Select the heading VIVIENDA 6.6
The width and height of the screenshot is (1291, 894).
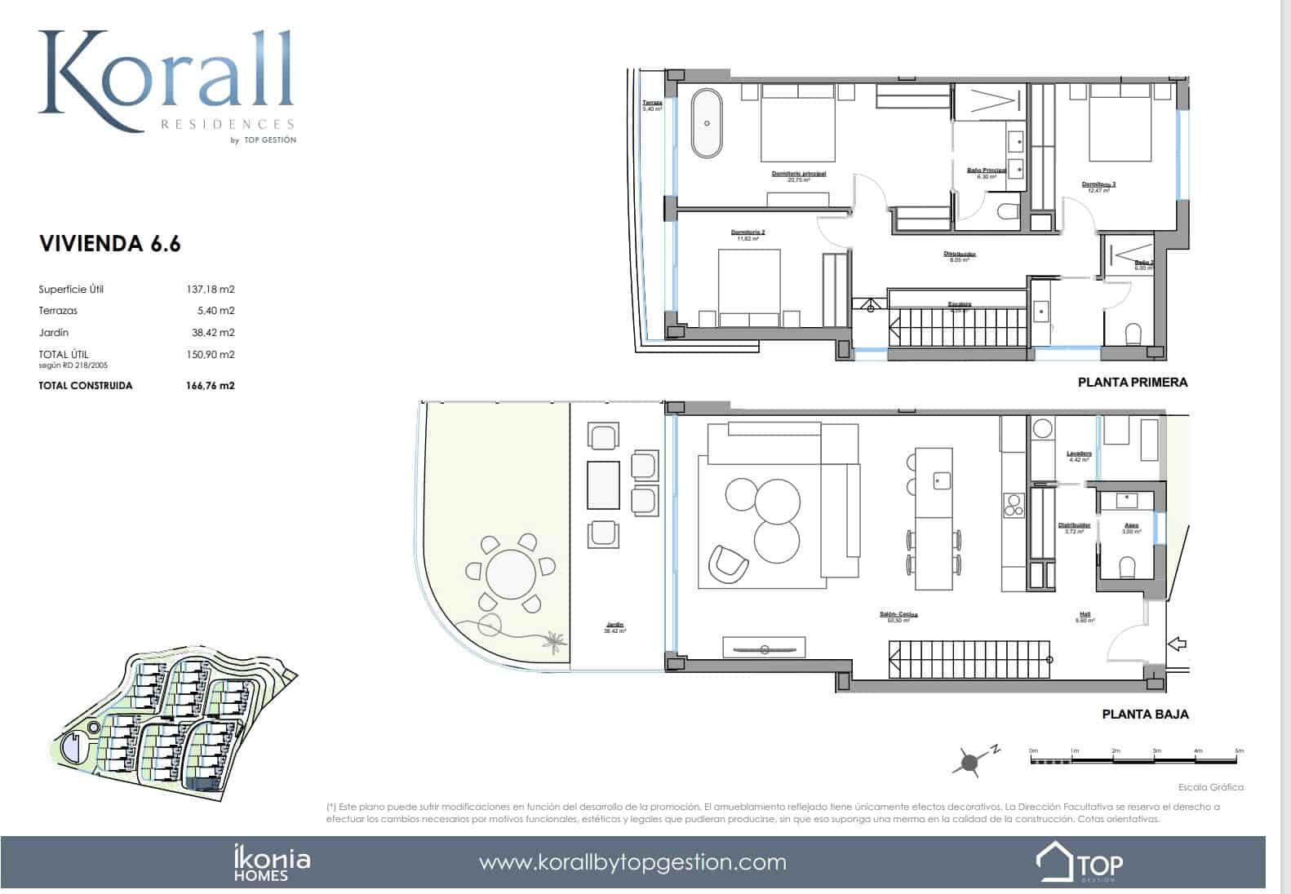[109, 243]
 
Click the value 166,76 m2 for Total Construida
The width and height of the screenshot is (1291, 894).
[210, 386]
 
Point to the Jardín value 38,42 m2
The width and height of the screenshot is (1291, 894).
[211, 333]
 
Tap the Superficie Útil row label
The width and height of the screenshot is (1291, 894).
[71, 290]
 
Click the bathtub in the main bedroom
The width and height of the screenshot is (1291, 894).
[708, 124]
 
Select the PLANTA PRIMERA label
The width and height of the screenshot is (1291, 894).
[1132, 382]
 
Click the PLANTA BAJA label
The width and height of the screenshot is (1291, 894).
[1145, 714]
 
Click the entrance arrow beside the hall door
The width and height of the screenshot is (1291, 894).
[1178, 644]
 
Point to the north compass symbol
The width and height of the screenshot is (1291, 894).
[970, 762]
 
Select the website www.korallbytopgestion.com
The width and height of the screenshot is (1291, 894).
[632, 862]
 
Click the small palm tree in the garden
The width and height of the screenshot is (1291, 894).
[555, 641]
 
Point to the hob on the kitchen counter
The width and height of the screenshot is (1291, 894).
[1013, 506]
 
